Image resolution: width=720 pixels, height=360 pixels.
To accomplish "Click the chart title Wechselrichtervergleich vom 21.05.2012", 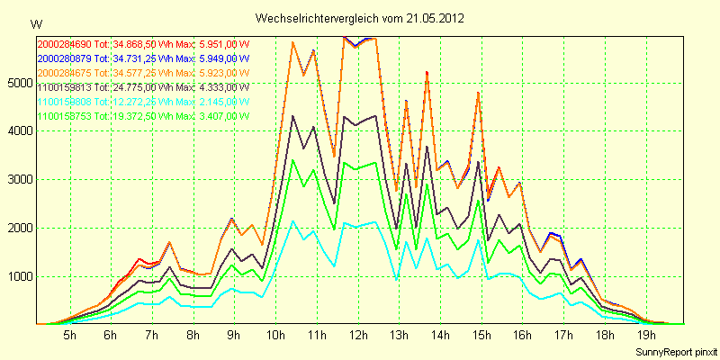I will (360, 17).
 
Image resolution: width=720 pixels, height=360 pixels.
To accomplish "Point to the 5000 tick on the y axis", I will (17, 83).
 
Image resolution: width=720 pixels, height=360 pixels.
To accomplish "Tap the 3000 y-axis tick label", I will (17, 180).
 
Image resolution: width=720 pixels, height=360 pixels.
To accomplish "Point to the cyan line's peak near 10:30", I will (292, 221).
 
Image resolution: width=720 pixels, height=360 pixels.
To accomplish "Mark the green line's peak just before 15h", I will (478, 201).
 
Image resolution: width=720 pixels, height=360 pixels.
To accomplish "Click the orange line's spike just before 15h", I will (478, 93).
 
